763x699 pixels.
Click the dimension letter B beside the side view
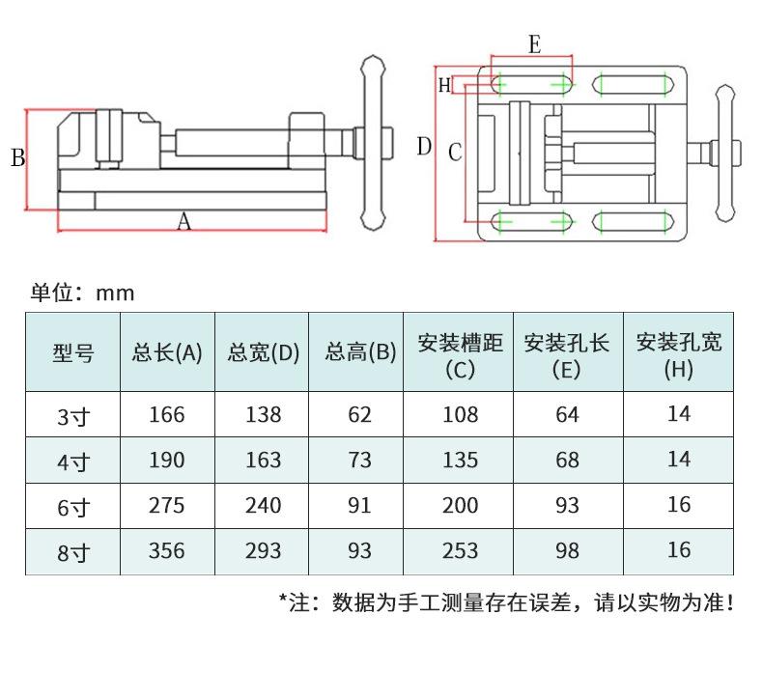(x=17, y=158)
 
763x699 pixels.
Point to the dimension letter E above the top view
(x=534, y=44)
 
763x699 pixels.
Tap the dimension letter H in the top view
(x=444, y=85)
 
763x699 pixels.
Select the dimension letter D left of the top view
(x=424, y=147)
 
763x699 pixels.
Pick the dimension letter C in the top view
(x=455, y=152)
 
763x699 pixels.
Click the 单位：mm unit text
(x=82, y=293)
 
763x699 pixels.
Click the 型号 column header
(x=72, y=352)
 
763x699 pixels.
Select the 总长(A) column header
(x=167, y=352)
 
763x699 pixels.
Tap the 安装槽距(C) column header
(x=460, y=353)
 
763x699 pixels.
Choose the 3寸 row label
(x=72, y=416)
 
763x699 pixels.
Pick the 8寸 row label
(x=72, y=552)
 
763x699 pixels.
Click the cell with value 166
(x=167, y=415)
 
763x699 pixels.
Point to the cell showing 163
(x=263, y=461)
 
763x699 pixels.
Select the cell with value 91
(x=359, y=505)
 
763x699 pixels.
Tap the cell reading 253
(x=460, y=550)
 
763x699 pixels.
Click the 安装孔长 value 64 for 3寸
(x=567, y=415)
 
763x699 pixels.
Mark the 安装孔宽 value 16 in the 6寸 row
(x=679, y=504)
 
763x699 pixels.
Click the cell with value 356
(x=167, y=550)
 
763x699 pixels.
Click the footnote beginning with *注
(x=507, y=603)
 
